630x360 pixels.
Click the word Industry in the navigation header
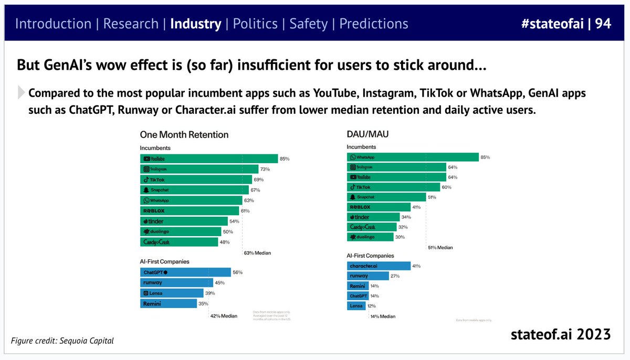(195, 24)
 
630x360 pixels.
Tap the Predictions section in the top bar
(373, 24)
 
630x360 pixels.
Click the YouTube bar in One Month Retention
(209, 158)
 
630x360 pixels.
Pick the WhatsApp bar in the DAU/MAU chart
(413, 157)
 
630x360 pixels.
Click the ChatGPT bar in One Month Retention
(185, 272)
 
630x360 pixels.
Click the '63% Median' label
(257, 253)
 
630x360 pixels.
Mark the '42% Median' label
(224, 316)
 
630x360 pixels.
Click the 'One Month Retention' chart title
(184, 135)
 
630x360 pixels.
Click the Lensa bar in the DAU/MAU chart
(355, 306)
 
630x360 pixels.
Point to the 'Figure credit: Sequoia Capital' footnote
(62, 341)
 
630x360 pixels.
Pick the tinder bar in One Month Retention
(184, 221)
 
